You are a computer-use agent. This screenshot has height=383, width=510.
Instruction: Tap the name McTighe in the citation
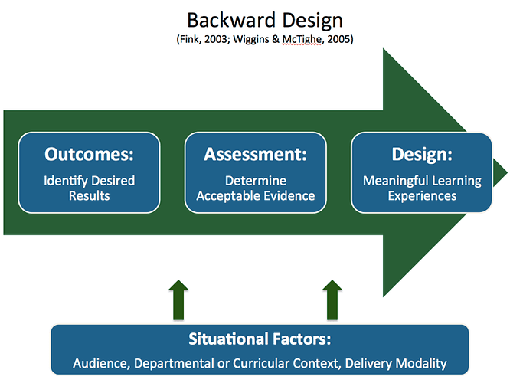pos(302,39)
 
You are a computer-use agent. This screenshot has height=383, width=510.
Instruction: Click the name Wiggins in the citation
pos(250,40)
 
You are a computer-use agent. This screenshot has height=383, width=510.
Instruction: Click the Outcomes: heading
pos(89,154)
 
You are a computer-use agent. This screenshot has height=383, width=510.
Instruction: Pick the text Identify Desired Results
pos(89,188)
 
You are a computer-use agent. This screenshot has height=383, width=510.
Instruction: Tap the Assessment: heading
pos(255,154)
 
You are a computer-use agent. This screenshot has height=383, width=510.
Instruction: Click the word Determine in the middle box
pos(256,181)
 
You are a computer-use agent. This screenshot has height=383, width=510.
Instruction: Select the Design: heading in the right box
pos(422,154)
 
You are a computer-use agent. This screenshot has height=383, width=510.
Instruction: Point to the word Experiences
pos(422,196)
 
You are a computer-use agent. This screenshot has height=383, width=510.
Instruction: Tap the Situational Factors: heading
pos(260,339)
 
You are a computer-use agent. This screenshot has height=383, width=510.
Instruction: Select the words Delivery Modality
pos(396,364)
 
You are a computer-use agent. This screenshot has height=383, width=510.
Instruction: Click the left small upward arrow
pos(178,300)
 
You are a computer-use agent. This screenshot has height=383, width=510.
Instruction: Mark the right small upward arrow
pos(332,300)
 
